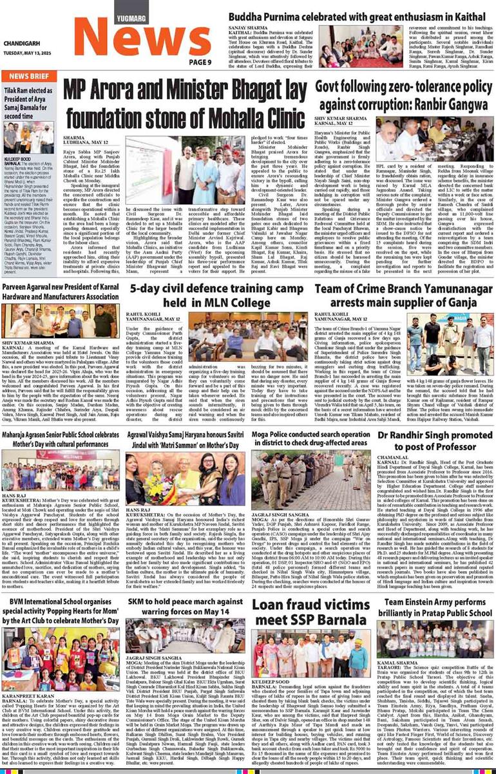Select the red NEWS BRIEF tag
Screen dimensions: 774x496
pyautogui.click(x=28, y=76)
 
